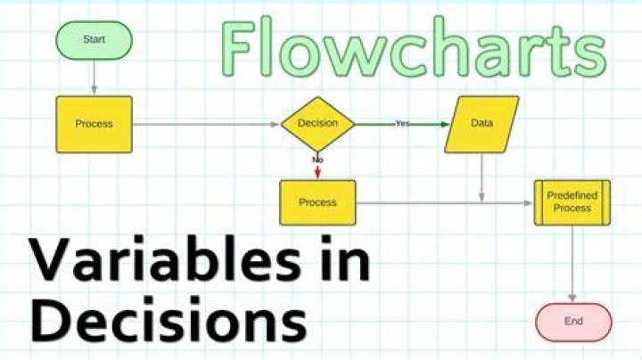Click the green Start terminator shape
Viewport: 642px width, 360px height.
(x=95, y=40)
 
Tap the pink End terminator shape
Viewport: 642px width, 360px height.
(x=573, y=322)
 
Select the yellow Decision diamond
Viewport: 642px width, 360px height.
(x=317, y=124)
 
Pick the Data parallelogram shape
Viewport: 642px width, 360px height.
(x=481, y=125)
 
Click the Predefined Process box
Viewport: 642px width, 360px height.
(x=572, y=202)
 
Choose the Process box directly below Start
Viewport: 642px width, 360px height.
(x=95, y=125)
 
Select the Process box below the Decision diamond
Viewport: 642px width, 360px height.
(x=317, y=202)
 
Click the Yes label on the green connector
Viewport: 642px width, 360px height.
(x=402, y=123)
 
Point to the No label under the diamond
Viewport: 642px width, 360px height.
(x=317, y=160)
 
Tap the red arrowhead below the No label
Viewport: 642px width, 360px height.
(x=317, y=174)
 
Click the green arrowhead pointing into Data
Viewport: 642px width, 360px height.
(x=445, y=125)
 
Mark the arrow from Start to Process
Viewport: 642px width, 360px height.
(x=95, y=78)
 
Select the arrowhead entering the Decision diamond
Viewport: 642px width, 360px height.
(x=276, y=125)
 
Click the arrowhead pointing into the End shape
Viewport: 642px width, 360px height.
(x=572, y=298)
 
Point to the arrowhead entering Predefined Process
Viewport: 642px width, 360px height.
(x=529, y=203)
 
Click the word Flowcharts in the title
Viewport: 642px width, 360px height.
(x=414, y=46)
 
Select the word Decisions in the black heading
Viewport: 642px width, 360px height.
(x=169, y=319)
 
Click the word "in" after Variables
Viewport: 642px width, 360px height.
(x=345, y=258)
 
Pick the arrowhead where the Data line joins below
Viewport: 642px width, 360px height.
(x=481, y=197)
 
